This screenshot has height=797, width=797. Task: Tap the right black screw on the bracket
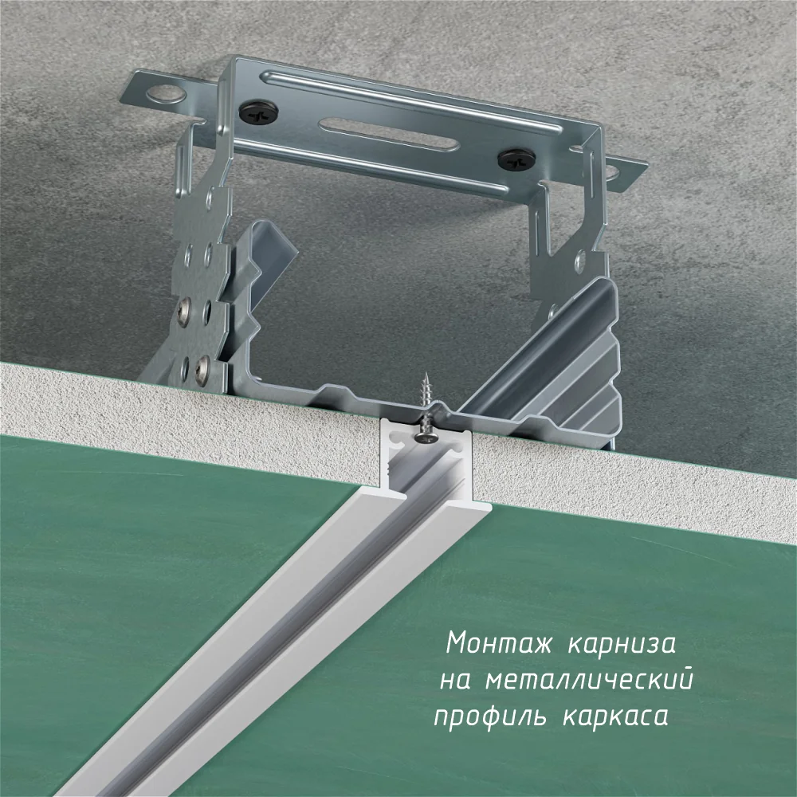[517, 161]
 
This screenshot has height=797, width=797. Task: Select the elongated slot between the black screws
[389, 134]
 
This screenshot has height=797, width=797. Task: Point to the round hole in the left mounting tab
[166, 95]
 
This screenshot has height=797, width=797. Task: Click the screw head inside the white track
[426, 435]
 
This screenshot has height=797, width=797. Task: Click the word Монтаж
[499, 643]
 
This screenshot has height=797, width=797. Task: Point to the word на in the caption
[455, 681]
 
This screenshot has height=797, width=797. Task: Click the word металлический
[589, 678]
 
